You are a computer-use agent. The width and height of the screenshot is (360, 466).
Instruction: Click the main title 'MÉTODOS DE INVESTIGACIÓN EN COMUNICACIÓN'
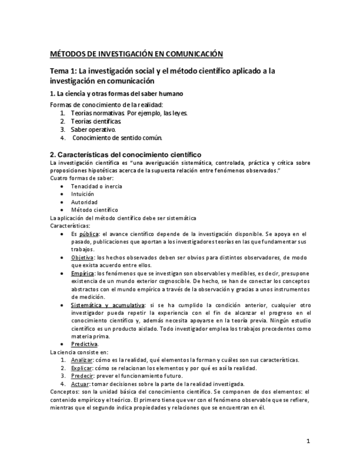coord(137,54)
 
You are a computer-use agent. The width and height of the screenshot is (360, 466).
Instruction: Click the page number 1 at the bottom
coord(308,441)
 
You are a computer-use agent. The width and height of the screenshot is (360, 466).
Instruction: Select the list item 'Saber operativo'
coord(93,129)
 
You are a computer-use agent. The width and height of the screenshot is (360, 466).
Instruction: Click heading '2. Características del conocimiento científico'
coord(126,155)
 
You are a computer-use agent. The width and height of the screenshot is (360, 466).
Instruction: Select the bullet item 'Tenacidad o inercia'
coord(96,186)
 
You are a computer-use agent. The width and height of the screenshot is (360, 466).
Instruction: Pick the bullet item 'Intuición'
coord(82,194)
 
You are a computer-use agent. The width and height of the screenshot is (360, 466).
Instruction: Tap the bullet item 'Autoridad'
coord(84,202)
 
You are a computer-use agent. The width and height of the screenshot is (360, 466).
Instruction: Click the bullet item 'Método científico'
coord(94,209)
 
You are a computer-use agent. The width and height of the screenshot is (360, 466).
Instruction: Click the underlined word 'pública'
coord(89,234)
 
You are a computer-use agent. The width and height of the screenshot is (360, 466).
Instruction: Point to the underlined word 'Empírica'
coord(82,273)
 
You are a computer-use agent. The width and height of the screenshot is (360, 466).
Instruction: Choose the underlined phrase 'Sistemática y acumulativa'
coord(108,305)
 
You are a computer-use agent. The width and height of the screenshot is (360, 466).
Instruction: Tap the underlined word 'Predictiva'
coord(84,344)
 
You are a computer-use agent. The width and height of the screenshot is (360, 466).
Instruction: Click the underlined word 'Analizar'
coord(82,360)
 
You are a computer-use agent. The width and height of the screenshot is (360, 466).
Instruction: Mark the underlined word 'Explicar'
coord(82,368)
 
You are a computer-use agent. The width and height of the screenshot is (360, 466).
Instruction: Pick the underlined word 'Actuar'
coord(80,384)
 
